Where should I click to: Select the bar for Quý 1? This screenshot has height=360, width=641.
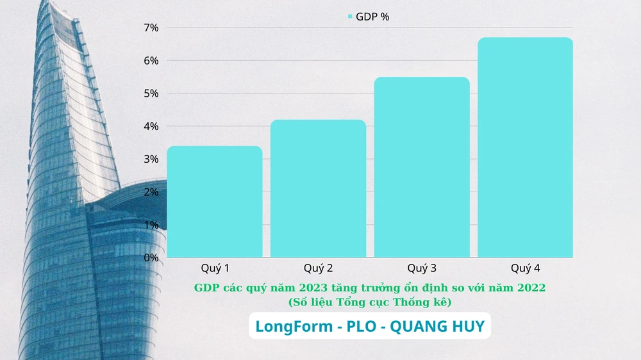215,202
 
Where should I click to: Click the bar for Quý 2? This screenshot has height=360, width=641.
318,188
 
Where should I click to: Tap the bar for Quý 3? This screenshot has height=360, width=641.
422,167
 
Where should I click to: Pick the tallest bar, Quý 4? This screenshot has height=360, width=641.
525,147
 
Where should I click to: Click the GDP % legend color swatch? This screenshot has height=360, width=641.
350,17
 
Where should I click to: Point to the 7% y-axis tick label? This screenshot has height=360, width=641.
151,28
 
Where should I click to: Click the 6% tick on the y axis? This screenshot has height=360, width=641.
151,61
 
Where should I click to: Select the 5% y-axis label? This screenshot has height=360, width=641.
151,94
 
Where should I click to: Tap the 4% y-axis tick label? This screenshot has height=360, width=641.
151,127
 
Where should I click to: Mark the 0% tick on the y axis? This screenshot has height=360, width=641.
151,258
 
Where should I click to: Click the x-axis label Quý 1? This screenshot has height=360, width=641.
215,268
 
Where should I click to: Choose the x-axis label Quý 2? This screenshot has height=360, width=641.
318,268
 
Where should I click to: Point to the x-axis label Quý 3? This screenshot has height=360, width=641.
422,268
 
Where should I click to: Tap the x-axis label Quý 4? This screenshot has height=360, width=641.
525,268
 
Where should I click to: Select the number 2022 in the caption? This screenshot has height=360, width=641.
531,288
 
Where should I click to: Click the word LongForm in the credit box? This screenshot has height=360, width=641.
292,327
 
